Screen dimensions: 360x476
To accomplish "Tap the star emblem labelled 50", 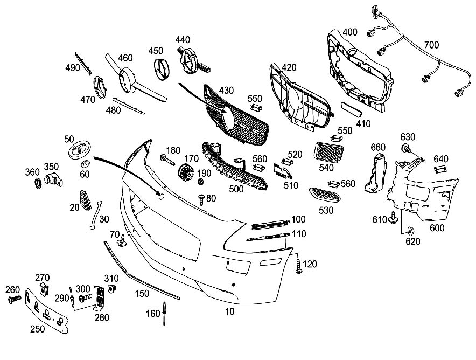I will pos(80,149).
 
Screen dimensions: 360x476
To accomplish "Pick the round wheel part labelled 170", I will pos(186,175).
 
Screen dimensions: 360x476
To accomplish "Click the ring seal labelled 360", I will pos(38,185).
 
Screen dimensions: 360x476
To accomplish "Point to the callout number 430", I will pos(226,90).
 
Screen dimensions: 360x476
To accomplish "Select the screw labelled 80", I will pos(200,200).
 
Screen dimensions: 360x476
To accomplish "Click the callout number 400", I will pos(349,32).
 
